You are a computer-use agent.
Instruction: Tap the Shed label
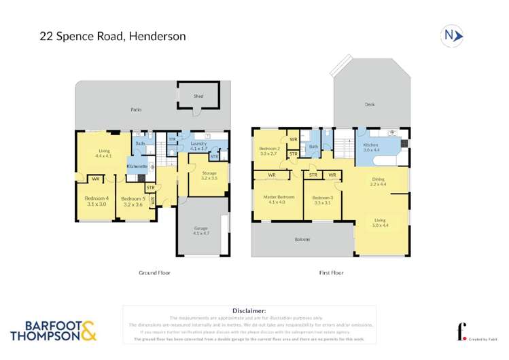point(198,96)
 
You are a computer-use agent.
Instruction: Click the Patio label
point(136,109)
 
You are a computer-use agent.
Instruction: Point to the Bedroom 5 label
point(132,200)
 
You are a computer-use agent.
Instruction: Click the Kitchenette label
point(137,166)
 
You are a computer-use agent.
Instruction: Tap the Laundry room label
point(198,145)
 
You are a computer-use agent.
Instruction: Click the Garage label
point(202,230)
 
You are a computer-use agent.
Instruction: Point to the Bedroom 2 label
point(270,151)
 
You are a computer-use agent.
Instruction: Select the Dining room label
point(377,181)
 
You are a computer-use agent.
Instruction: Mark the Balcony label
point(302,240)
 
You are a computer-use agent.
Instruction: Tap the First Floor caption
point(331,272)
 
